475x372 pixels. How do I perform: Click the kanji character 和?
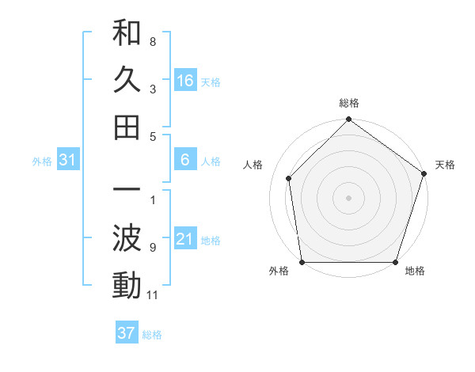[127, 33]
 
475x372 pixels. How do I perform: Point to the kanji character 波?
[127, 239]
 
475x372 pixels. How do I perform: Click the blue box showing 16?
[185, 81]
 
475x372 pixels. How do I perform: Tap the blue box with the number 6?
[185, 161]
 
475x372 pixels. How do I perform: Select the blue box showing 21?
[185, 240]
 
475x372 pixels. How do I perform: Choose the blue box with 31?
[68, 161]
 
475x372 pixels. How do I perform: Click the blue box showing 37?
[127, 333]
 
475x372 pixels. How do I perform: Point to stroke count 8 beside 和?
[153, 41]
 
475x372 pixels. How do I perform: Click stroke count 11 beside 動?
[153, 295]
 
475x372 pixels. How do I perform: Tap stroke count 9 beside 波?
[153, 248]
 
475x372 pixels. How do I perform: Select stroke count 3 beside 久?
[153, 89]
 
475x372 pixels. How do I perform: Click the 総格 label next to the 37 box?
[152, 335]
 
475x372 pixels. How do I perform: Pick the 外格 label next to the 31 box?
[42, 161]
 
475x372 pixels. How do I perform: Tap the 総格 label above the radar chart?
[349, 104]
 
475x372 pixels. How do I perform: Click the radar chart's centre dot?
[349, 197]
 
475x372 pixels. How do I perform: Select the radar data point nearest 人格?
[289, 178]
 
